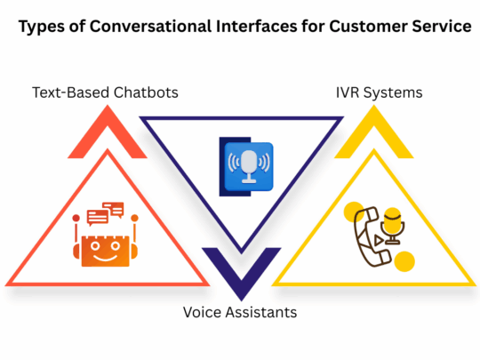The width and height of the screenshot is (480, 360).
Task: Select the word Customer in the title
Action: (358, 28)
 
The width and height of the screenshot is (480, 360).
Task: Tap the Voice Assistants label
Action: (240, 312)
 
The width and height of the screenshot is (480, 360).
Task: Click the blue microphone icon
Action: (249, 164)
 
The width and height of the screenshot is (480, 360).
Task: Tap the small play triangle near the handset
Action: (381, 241)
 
